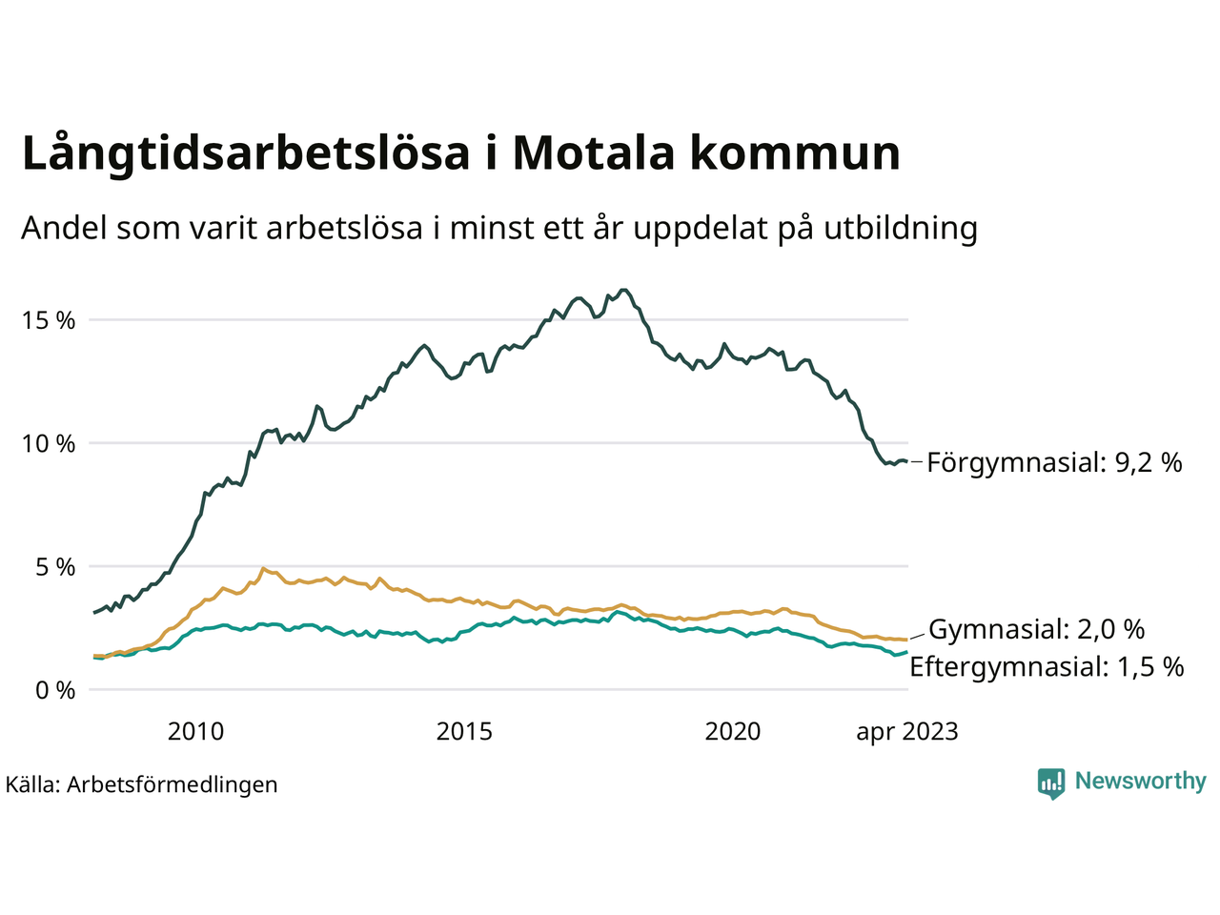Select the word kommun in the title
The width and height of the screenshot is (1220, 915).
click(x=795, y=152)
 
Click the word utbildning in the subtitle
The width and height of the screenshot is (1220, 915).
click(x=901, y=229)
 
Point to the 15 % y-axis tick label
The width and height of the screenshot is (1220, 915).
click(x=49, y=320)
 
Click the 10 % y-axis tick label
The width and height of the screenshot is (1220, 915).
click(x=49, y=443)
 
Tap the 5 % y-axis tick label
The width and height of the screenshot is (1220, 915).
click(x=55, y=567)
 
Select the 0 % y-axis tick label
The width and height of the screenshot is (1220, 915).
click(x=55, y=690)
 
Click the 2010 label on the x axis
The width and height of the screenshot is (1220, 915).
click(x=195, y=732)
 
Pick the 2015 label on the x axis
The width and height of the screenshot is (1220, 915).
click(x=464, y=732)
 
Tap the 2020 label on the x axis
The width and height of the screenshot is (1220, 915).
click(x=733, y=732)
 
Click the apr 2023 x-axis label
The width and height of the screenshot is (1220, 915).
click(x=906, y=732)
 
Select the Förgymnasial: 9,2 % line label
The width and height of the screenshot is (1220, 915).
click(x=1054, y=463)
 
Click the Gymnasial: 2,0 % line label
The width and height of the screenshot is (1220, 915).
click(x=1036, y=629)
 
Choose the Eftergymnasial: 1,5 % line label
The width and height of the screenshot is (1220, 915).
click(x=1047, y=666)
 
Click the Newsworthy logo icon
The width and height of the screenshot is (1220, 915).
click(x=1051, y=783)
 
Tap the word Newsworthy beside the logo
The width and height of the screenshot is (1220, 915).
click(x=1140, y=782)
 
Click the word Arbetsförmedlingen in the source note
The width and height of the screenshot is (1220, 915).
click(x=173, y=785)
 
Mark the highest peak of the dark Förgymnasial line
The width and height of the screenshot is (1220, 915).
click(x=623, y=290)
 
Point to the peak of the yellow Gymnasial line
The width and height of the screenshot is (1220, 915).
click(x=263, y=569)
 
